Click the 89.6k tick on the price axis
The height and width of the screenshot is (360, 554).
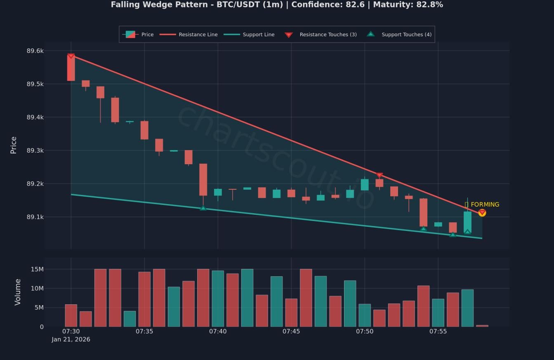coord(35,51)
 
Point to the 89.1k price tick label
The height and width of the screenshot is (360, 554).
coord(35,217)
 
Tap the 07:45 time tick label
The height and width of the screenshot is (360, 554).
coord(291,331)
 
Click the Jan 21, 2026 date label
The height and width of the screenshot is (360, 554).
coord(71,339)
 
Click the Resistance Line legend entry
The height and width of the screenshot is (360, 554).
coord(198,35)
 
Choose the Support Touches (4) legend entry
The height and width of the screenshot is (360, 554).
coord(406,35)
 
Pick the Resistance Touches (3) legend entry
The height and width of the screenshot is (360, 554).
coord(328,35)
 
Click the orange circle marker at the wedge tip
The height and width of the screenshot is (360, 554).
coord(482,213)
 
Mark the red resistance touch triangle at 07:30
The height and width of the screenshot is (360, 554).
coord(71,56)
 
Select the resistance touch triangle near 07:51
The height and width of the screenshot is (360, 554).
coord(380,176)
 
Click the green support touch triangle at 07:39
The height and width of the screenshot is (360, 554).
coord(203,208)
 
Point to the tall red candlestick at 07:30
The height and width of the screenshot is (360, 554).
coord(71,68)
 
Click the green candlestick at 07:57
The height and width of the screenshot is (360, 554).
coord(467,222)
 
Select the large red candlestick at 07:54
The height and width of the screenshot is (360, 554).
coord(423,212)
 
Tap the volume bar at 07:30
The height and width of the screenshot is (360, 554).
coord(71,315)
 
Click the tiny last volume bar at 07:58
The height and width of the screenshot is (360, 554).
coord(482,326)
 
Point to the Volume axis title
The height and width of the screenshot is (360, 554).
coord(17,292)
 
